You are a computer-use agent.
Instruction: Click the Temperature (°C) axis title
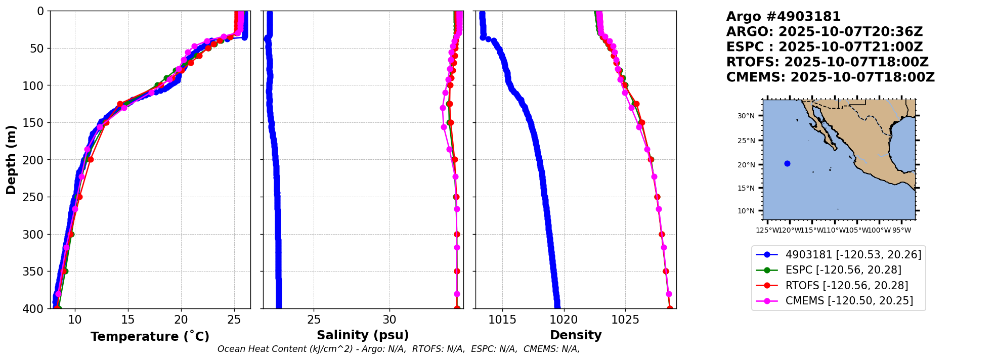pos(150,337)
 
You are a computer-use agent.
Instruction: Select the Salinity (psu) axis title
pos(363,335)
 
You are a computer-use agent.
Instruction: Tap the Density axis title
pos(576,335)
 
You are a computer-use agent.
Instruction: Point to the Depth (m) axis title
pos(11,160)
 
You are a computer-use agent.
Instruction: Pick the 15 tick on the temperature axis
pos(128,320)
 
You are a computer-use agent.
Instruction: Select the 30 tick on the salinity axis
pos(390,320)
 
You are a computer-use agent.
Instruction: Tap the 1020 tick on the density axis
pos(564,320)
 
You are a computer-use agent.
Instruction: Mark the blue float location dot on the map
pos(787,163)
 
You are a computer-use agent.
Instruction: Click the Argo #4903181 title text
pos(783,17)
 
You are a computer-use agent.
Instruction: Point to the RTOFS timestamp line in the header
pos(827,62)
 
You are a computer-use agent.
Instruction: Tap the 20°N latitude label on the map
pos(746,165)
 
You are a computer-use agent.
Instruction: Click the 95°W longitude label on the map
pos(901,231)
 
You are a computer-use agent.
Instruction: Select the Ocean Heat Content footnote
pos(399,349)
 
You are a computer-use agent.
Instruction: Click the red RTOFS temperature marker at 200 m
pos(91,160)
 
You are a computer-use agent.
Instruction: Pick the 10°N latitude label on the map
pos(746,211)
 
